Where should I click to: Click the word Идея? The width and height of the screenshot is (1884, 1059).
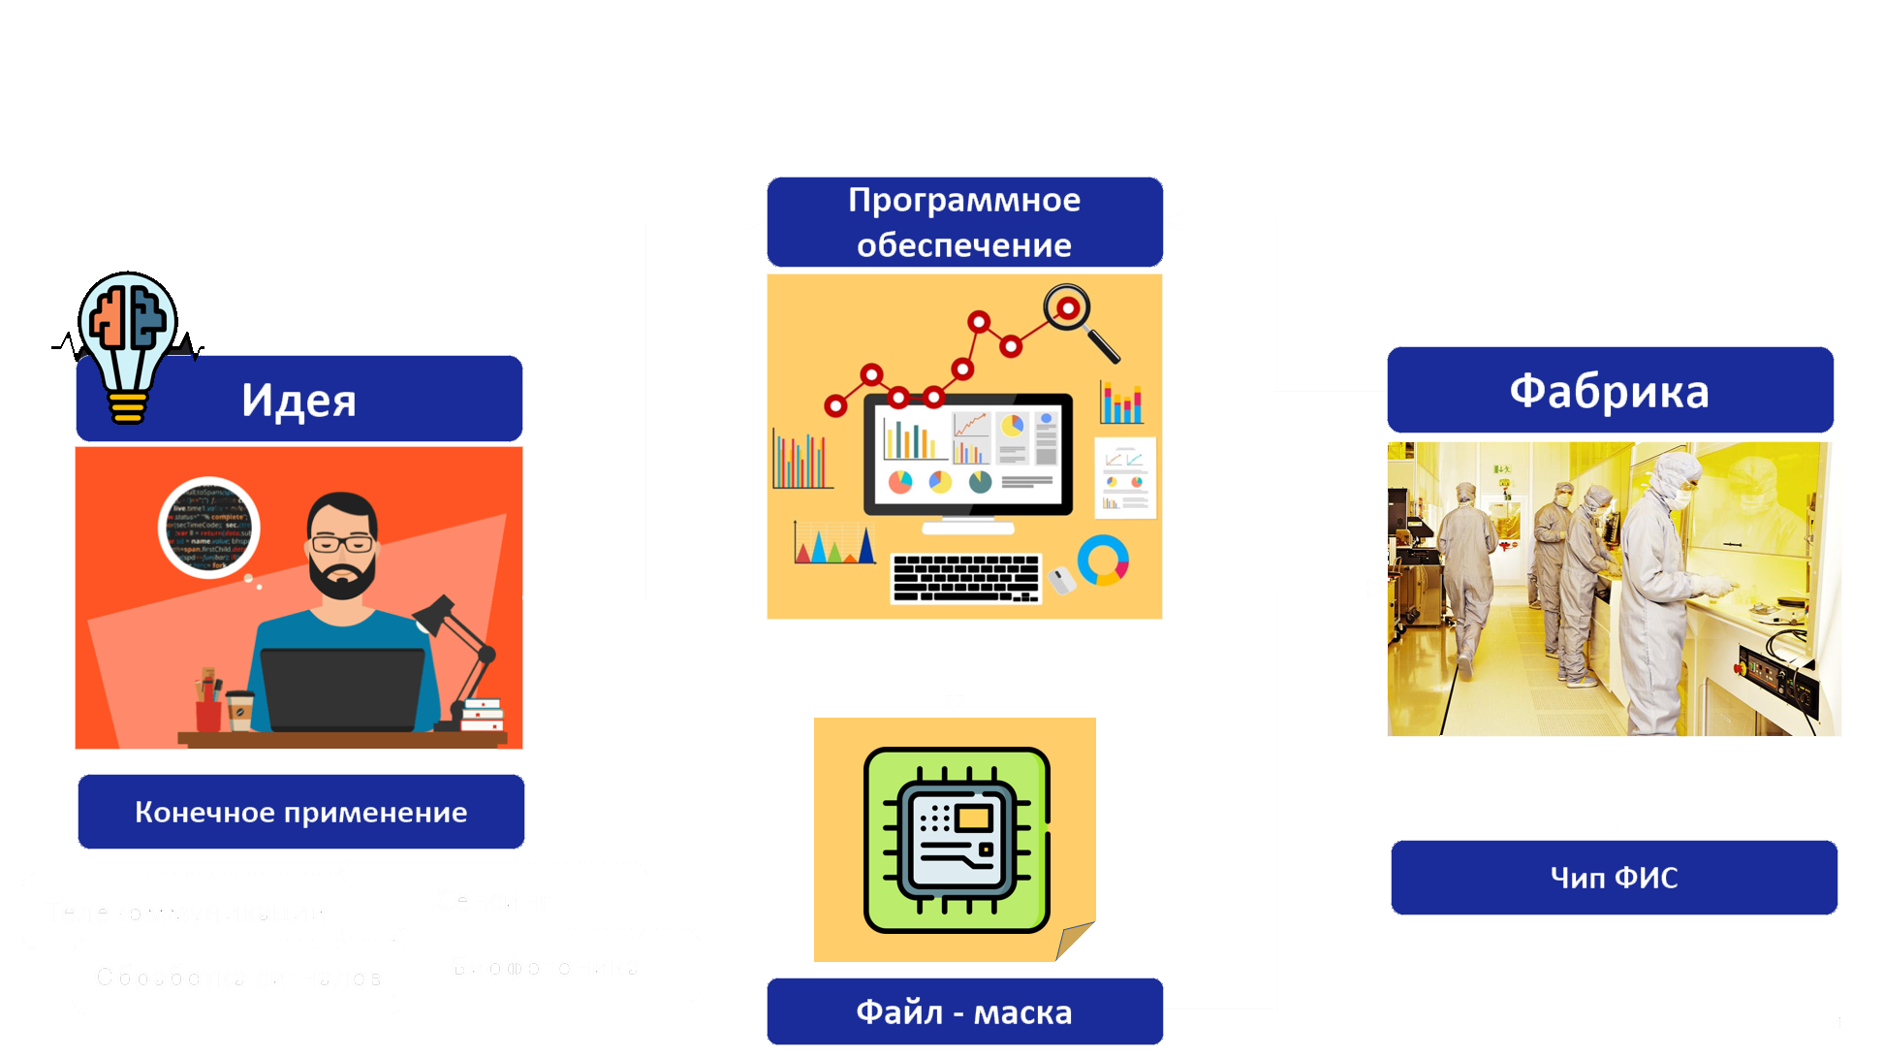pyautogui.click(x=298, y=401)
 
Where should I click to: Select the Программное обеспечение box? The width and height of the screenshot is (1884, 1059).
pyautogui.click(x=964, y=222)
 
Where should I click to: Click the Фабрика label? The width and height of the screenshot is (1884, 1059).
pyautogui.click(x=1609, y=391)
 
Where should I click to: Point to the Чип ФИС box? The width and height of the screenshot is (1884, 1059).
pyautogui.click(x=1614, y=878)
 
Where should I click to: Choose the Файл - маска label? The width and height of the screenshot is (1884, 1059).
pyautogui.click(x=964, y=1012)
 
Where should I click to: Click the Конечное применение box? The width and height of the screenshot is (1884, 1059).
pyautogui.click(x=300, y=812)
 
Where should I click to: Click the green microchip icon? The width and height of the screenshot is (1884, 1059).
pyautogui.click(x=957, y=840)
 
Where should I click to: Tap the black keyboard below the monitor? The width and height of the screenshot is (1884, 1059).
pyautogui.click(x=965, y=578)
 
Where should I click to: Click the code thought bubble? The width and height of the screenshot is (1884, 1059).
pyautogui.click(x=209, y=528)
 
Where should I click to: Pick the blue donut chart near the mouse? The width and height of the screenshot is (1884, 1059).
pyautogui.click(x=1103, y=561)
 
